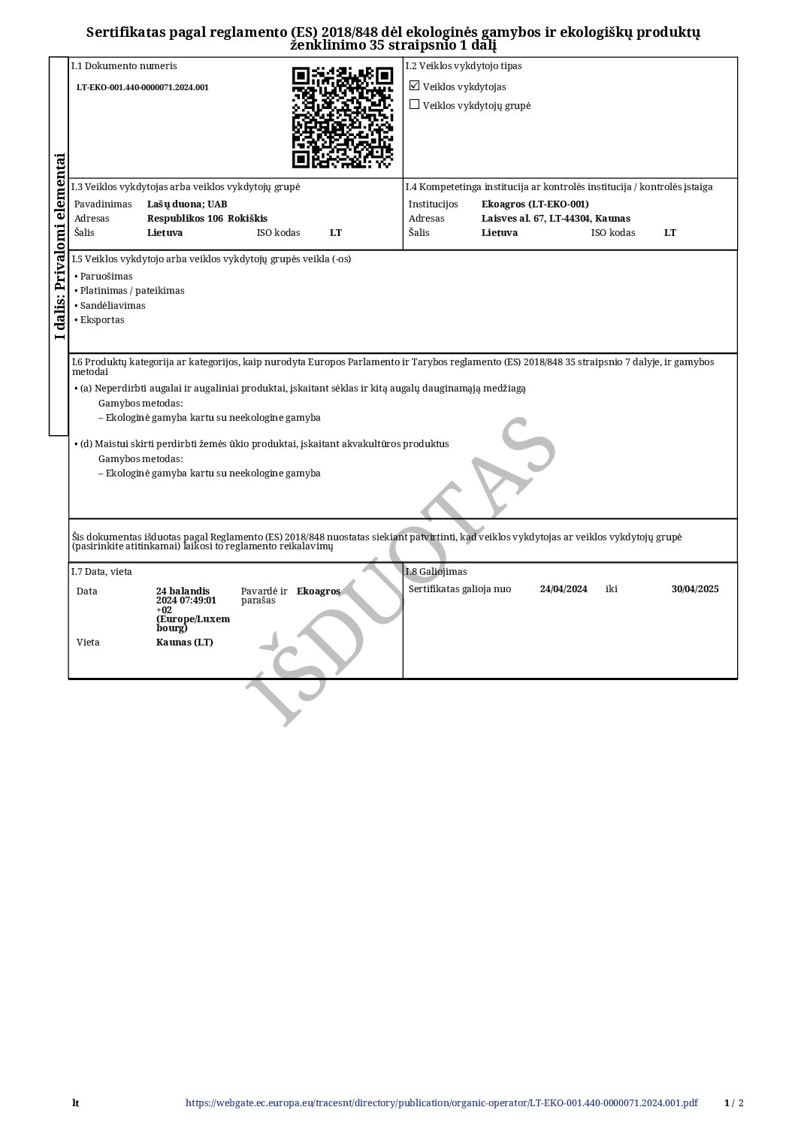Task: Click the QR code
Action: point(342,117)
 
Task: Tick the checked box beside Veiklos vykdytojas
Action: point(414,86)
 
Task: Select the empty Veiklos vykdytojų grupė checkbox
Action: point(414,104)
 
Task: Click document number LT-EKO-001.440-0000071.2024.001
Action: point(143,87)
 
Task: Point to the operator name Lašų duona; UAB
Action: point(187,204)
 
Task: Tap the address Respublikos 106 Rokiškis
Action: point(207,219)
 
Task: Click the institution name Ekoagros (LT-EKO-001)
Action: point(535,204)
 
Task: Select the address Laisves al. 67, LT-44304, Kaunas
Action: point(555,219)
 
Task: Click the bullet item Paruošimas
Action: point(106,277)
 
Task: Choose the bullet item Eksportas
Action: point(102,320)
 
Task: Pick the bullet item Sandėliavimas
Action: point(113,306)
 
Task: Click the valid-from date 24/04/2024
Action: point(564,589)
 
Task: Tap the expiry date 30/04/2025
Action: point(695,589)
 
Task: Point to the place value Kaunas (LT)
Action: point(185,643)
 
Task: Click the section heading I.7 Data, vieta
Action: point(101,572)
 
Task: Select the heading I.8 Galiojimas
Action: point(436,572)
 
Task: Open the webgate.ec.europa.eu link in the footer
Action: point(441,1103)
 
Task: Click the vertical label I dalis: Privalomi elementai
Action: point(59,246)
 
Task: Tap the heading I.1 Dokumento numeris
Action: point(124,66)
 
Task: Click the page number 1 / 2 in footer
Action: point(733,1103)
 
